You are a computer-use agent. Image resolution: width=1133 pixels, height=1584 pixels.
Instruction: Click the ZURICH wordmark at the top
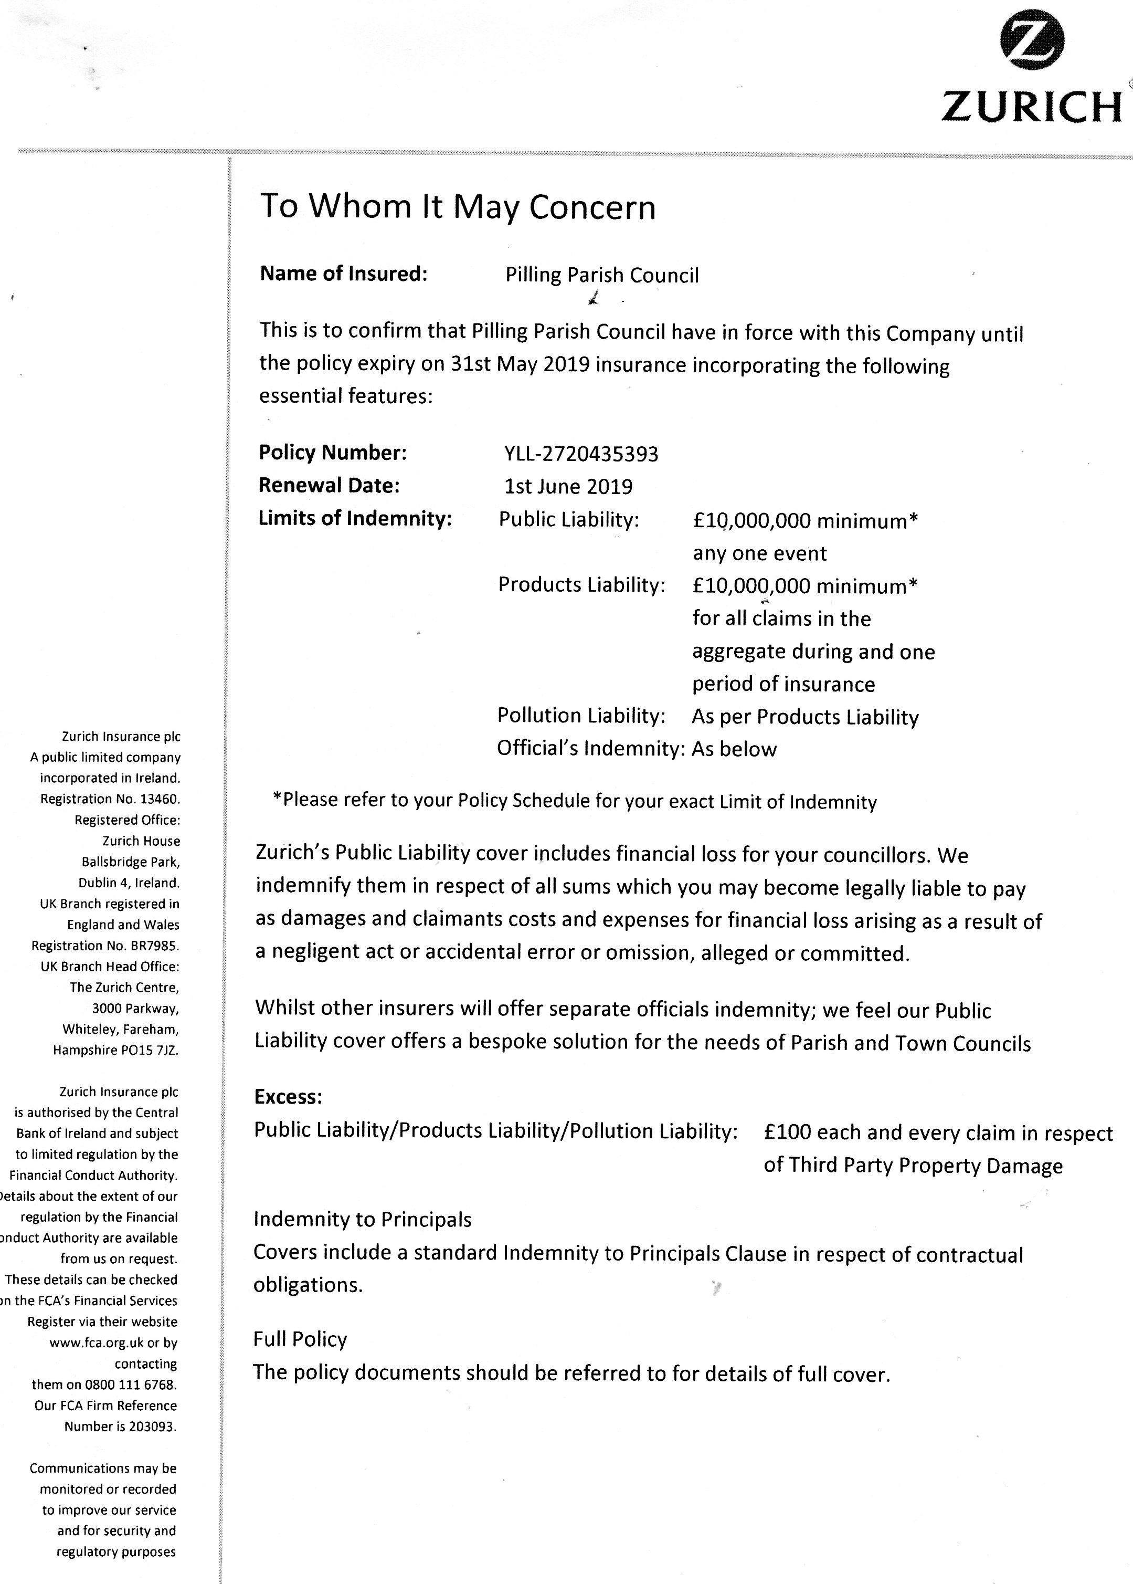[x=1031, y=107]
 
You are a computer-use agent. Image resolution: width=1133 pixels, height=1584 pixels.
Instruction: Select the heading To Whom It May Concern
[x=458, y=206]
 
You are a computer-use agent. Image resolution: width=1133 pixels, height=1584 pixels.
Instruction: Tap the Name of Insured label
[x=343, y=274]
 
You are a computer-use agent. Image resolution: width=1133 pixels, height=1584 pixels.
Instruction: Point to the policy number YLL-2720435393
[x=581, y=454]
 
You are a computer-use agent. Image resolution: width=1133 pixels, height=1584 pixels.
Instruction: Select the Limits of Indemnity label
[x=355, y=519]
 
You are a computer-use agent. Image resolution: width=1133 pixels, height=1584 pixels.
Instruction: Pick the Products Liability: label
[x=581, y=585]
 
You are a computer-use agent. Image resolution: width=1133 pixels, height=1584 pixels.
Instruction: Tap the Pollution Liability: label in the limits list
[x=580, y=715]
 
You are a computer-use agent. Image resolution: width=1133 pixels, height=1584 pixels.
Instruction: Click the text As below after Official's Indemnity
[x=734, y=749]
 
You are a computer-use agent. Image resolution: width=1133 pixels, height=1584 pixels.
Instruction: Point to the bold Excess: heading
[x=288, y=1097]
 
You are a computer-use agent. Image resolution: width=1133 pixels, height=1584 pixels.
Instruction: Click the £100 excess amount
[x=787, y=1132]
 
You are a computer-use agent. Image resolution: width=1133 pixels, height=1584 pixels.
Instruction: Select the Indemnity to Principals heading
[x=362, y=1219]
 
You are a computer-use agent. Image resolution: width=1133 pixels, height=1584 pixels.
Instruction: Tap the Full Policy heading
[x=300, y=1339]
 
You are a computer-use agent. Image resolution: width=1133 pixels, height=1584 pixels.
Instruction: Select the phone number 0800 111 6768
[x=131, y=1384]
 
